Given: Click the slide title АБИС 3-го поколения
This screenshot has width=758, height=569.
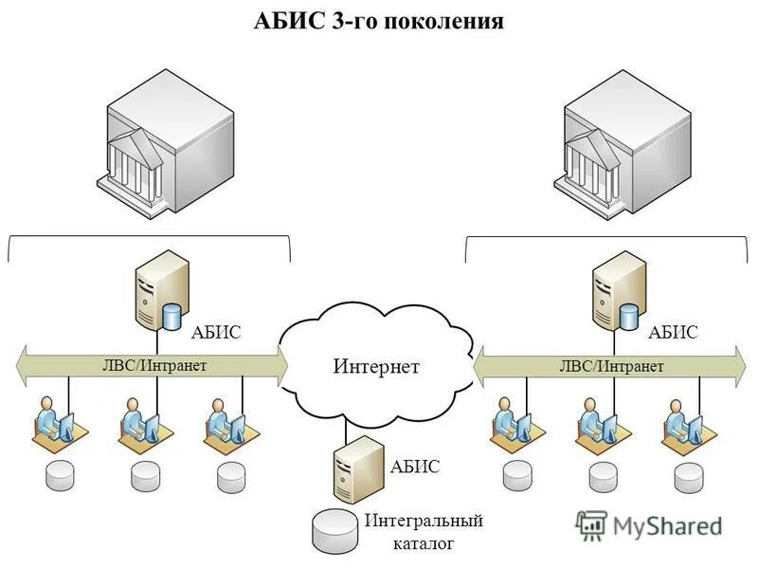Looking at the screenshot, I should (378, 21).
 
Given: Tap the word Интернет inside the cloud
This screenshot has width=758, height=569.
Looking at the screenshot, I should (376, 366).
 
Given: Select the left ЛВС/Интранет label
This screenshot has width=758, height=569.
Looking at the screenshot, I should (153, 364).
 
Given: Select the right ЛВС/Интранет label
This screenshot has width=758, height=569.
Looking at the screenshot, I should (611, 365).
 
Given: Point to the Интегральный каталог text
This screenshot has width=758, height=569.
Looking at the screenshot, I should (424, 532).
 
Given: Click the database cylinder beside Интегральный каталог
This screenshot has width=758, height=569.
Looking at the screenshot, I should (337, 532).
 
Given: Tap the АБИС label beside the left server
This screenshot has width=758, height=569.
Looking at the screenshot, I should (216, 332).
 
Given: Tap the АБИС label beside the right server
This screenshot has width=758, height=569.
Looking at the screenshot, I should (674, 332).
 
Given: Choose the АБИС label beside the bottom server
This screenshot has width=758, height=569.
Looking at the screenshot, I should (415, 467).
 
